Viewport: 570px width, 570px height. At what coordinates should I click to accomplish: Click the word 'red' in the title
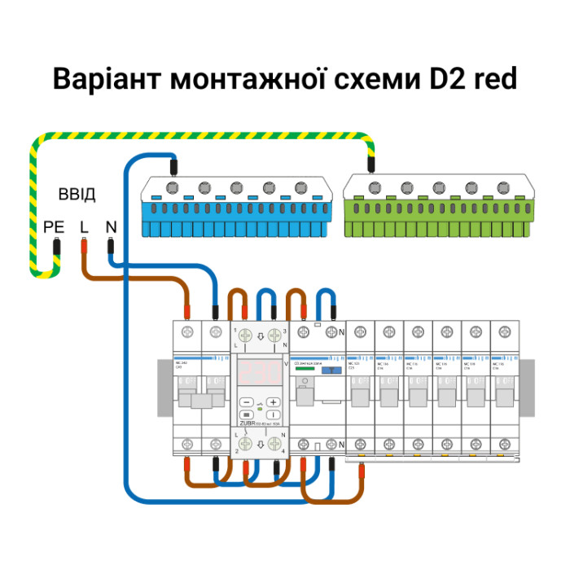(x=489, y=80)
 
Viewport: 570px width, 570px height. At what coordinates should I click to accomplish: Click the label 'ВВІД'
(x=77, y=195)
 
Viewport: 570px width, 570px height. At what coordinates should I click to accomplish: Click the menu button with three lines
(x=247, y=414)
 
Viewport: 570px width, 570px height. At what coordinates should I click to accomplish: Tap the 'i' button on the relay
(x=274, y=414)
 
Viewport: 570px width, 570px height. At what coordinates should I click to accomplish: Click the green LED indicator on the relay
(x=260, y=408)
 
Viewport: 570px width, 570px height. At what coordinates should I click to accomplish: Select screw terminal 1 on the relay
(x=246, y=335)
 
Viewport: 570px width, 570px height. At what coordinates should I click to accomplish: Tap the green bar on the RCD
(x=304, y=370)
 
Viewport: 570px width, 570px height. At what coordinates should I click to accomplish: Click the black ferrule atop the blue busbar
(x=173, y=169)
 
